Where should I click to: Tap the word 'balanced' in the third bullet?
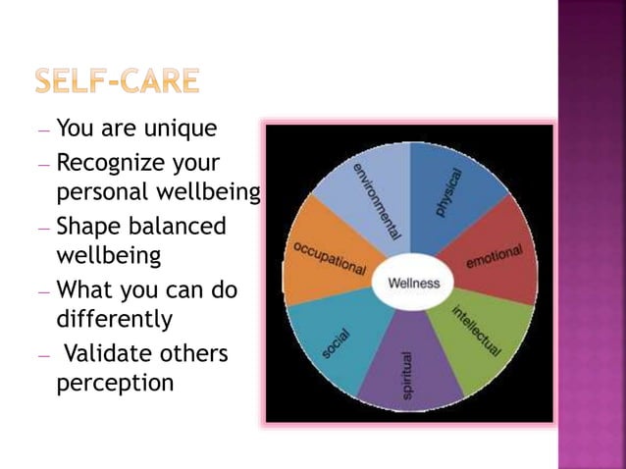point(178,226)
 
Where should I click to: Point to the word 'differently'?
point(115,319)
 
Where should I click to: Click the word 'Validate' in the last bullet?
point(114,352)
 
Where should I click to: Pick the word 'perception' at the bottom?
point(115,382)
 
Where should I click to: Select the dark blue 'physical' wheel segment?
point(451,191)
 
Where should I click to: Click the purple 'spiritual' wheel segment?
point(409,373)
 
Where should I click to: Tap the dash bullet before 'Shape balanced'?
point(47,228)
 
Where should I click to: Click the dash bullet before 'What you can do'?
point(47,291)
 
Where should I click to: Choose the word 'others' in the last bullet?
point(197,352)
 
